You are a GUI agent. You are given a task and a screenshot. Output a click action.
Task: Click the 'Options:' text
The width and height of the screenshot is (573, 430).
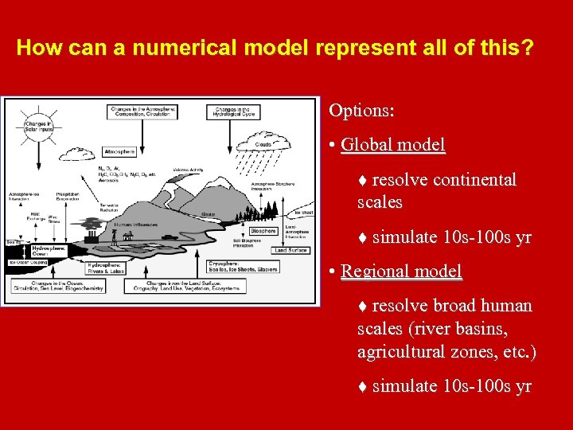tap(361, 110)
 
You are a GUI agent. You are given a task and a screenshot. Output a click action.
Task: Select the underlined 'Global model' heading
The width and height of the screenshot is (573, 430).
tap(392, 145)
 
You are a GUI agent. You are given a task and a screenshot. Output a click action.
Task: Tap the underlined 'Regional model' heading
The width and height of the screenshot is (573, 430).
tap(400, 271)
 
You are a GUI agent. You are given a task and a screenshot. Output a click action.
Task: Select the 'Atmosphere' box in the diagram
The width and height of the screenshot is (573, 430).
tap(119, 151)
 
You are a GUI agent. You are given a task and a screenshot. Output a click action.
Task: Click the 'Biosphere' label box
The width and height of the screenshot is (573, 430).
tap(262, 231)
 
